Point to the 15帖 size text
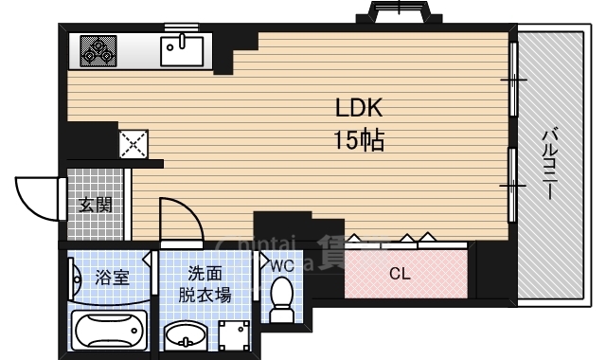click(x=357, y=142)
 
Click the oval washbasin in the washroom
click(x=186, y=335)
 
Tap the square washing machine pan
click(x=234, y=335)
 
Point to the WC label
click(x=282, y=266)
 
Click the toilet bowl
click(x=281, y=305)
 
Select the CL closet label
click(x=400, y=275)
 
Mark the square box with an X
click(x=133, y=144)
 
